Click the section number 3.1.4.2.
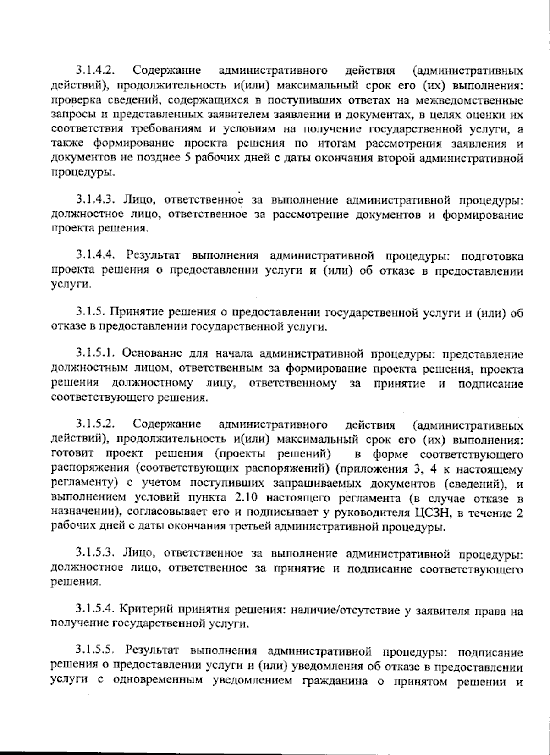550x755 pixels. pyautogui.click(x=95, y=71)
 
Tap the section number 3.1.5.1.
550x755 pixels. pyautogui.click(x=95, y=354)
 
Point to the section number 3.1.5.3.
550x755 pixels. pyautogui.click(x=95, y=554)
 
